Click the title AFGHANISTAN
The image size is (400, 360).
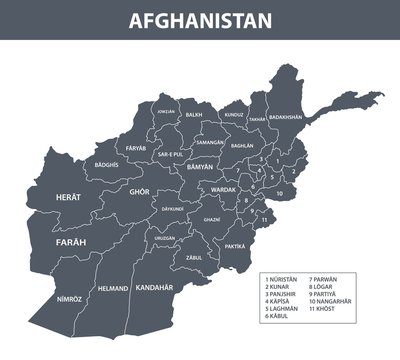click(200, 20)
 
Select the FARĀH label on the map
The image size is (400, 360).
click(71, 242)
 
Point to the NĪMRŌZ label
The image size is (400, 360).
click(69, 299)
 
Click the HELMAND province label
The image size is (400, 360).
click(113, 289)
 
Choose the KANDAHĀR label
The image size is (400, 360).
click(154, 287)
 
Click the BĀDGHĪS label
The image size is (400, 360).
click(105, 164)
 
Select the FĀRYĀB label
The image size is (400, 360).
click(136, 147)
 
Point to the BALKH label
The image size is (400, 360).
click(194, 115)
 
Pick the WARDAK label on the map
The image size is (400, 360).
click(221, 189)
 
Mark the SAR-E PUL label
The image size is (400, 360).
click(170, 154)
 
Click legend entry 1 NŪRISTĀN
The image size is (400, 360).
click(283, 277)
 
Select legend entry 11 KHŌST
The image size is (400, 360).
click(324, 309)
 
